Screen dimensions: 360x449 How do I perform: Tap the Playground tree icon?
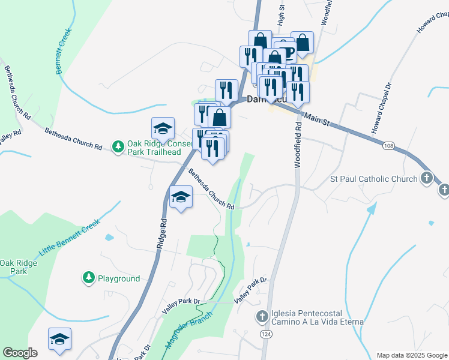coord(88,278)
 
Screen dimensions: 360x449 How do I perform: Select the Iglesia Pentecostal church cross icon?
coord(262,316)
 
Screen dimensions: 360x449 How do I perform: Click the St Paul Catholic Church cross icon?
coord(426,178)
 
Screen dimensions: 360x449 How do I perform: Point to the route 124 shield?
coord(264,333)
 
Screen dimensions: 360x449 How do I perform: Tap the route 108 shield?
coord(389,146)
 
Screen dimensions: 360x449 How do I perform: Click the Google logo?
coord(20,353)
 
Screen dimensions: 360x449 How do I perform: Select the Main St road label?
coord(317,118)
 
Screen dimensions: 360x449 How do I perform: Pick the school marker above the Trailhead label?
coord(162,128)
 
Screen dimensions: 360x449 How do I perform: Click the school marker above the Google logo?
coord(59,339)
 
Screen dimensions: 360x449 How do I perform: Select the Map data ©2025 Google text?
coord(412,355)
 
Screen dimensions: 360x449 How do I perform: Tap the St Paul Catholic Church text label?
coord(374,179)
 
